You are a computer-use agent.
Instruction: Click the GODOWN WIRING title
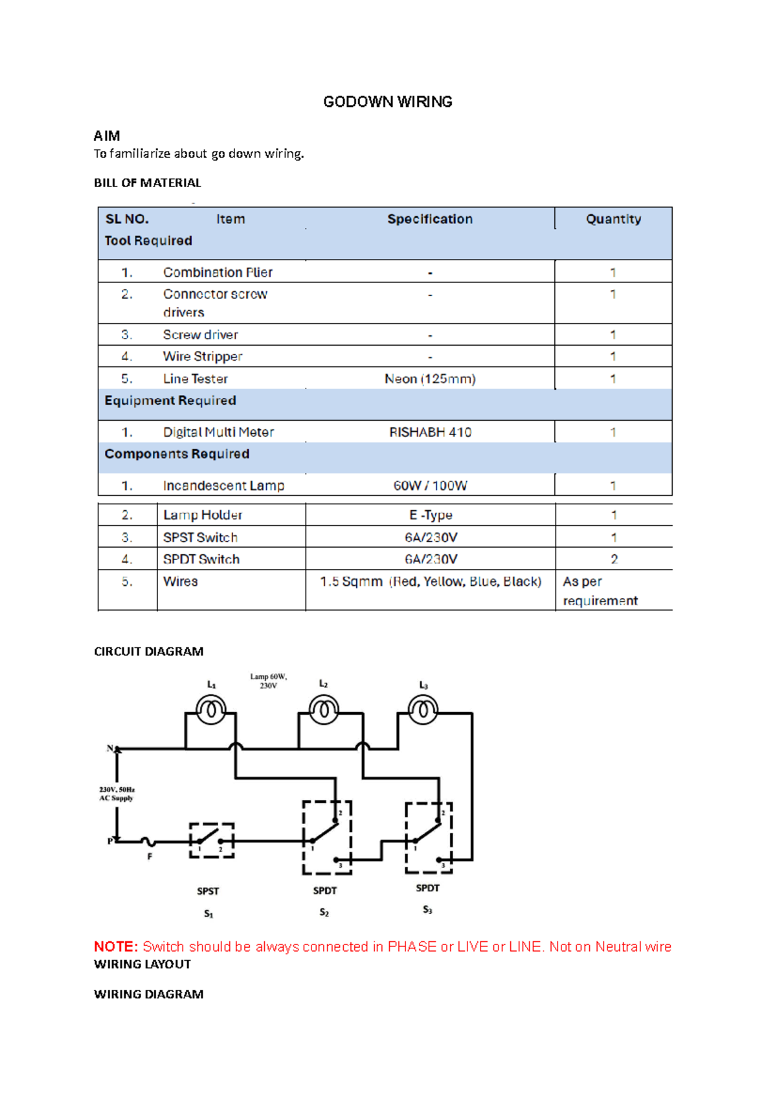(x=387, y=102)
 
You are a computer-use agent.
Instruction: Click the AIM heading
(x=107, y=136)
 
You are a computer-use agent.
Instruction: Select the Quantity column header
(x=613, y=219)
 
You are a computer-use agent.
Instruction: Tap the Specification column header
(x=430, y=219)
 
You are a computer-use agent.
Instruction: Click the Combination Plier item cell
(x=218, y=273)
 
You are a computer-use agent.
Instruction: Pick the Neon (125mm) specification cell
(x=430, y=379)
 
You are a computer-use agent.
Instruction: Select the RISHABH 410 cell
(x=430, y=432)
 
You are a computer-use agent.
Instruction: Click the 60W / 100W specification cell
(x=430, y=486)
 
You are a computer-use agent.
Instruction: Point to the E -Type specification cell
(x=431, y=515)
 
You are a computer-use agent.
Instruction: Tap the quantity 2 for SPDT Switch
(x=614, y=559)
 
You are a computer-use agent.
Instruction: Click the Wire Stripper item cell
(x=203, y=357)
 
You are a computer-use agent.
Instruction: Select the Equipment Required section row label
(x=170, y=401)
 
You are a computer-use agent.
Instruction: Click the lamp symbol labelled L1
(x=211, y=711)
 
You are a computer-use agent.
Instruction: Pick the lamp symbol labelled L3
(x=423, y=710)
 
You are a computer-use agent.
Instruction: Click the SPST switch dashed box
(x=212, y=840)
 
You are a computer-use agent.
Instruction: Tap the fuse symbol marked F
(x=148, y=842)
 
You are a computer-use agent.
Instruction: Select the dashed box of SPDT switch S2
(x=327, y=837)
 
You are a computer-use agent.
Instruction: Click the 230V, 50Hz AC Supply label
(x=117, y=794)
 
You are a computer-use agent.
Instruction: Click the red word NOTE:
(x=116, y=947)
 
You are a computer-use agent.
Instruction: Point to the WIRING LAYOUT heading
(x=142, y=965)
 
